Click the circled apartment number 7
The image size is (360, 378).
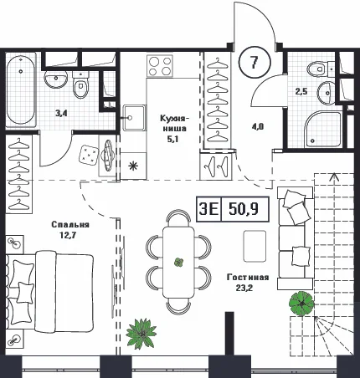click(x=255, y=62)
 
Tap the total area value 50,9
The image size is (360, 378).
click(x=243, y=209)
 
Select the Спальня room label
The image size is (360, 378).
click(x=70, y=225)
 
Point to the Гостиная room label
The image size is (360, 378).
click(x=248, y=278)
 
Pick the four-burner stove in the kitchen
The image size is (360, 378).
click(x=160, y=66)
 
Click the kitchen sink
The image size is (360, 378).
click(x=135, y=118)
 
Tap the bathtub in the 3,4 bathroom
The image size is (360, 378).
click(x=21, y=90)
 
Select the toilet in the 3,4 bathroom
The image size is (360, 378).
click(x=80, y=84)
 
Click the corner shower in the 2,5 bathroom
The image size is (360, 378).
click(x=324, y=129)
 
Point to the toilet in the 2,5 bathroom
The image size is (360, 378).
click(x=320, y=68)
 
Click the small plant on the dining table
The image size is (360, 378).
click(x=178, y=263)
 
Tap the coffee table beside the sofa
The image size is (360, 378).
click(x=255, y=246)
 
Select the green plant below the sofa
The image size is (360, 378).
click(x=301, y=304)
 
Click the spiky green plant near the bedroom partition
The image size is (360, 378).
click(x=141, y=332)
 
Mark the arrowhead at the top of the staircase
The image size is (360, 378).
click(x=333, y=176)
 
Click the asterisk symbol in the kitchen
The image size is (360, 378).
click(x=133, y=166)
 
